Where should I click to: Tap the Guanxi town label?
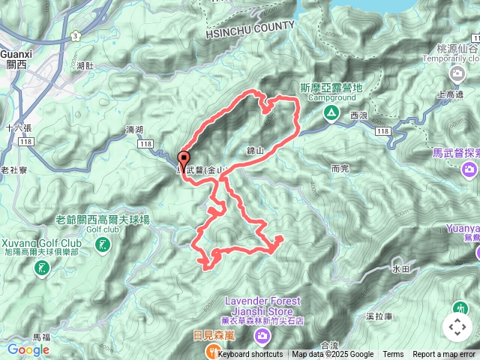pos(15,55)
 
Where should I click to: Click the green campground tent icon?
pos(330,113)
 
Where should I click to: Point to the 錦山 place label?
pos(256,151)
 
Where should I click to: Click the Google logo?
pos(28,349)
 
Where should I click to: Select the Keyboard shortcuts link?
pos(250,355)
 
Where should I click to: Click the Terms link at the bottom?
pos(393,355)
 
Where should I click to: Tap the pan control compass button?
pos(457,327)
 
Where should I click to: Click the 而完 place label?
pos(340,169)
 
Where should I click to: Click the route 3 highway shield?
pos(76,36)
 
